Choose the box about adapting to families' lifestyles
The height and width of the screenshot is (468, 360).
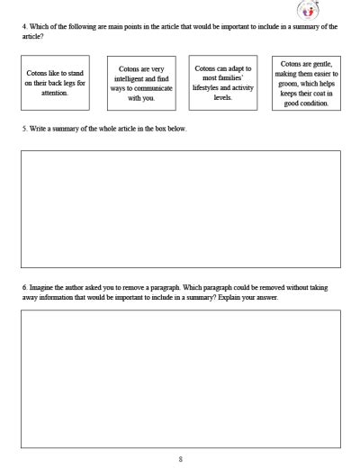click(224, 82)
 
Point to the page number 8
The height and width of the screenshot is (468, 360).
click(180, 459)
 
